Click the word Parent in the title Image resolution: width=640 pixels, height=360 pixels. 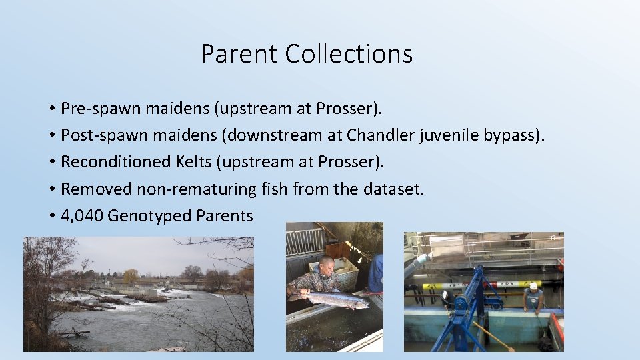coord(240,54)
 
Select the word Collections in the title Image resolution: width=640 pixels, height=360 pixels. coord(349,54)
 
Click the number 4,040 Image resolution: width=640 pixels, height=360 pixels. coord(82,216)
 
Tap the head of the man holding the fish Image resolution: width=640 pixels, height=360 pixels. coord(326,263)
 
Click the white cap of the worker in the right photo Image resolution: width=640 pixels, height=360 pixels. coord(532,285)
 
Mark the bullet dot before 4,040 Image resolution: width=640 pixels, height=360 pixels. coord(51,216)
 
